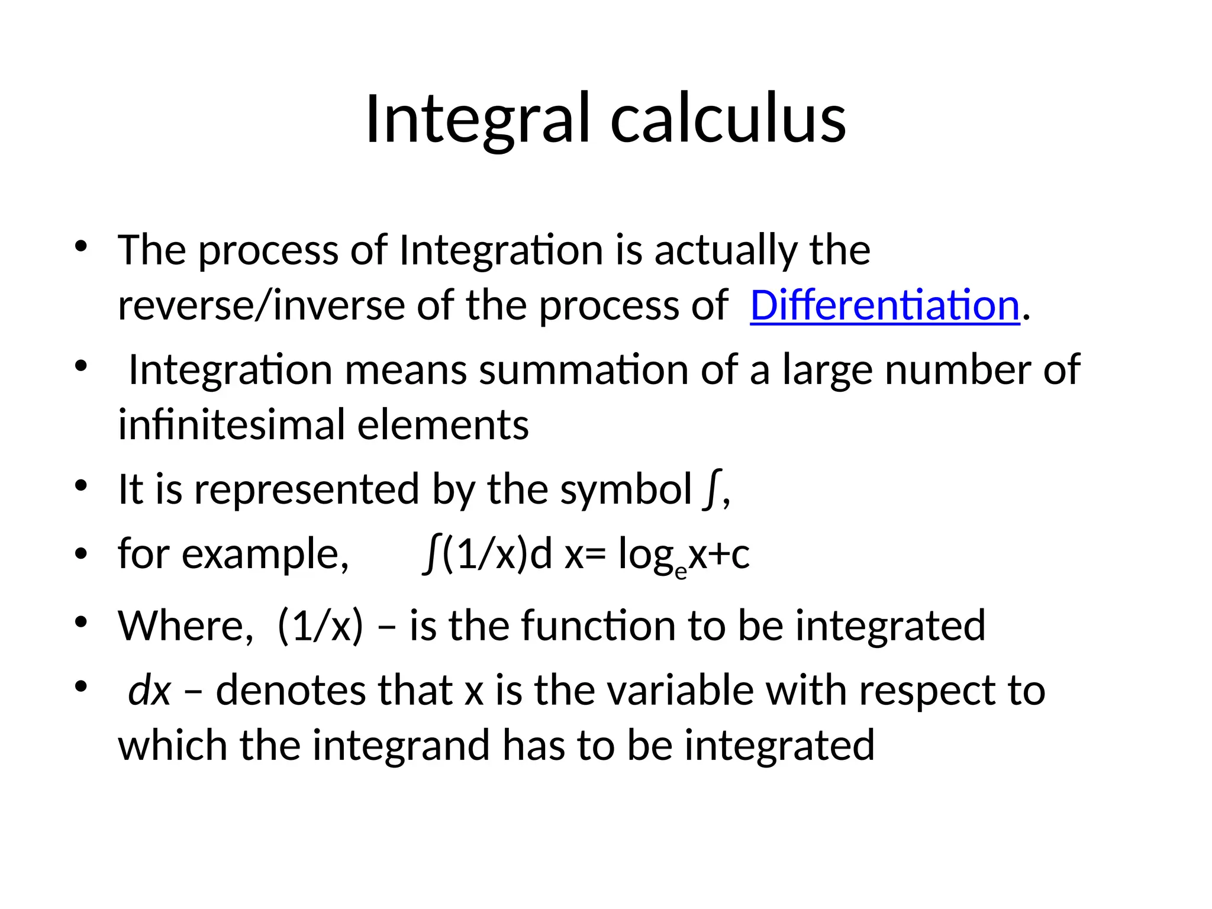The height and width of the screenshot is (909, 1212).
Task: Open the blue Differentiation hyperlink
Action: (x=885, y=305)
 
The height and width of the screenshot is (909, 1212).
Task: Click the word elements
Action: (x=443, y=425)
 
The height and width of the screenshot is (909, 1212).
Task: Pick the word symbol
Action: (x=626, y=490)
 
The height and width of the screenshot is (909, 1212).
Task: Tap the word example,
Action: (x=265, y=555)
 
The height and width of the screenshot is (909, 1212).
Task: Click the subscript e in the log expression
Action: (x=681, y=571)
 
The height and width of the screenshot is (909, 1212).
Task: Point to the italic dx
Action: (x=149, y=690)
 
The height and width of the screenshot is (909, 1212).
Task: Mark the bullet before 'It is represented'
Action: (x=81, y=486)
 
